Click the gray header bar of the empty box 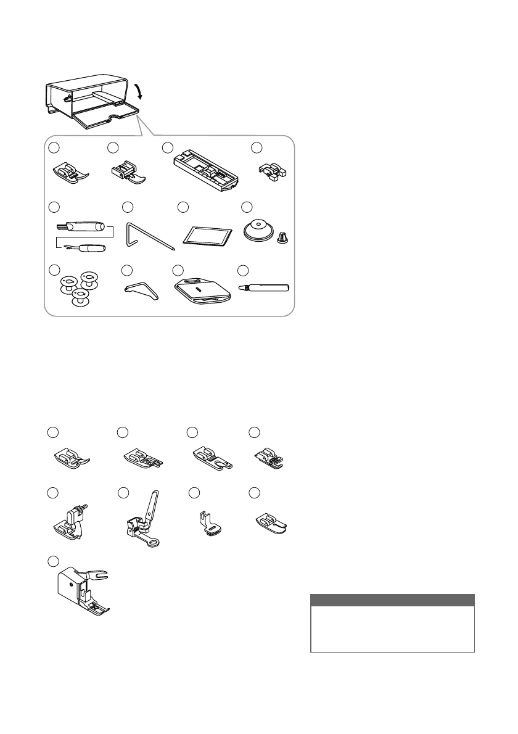[392, 600]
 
